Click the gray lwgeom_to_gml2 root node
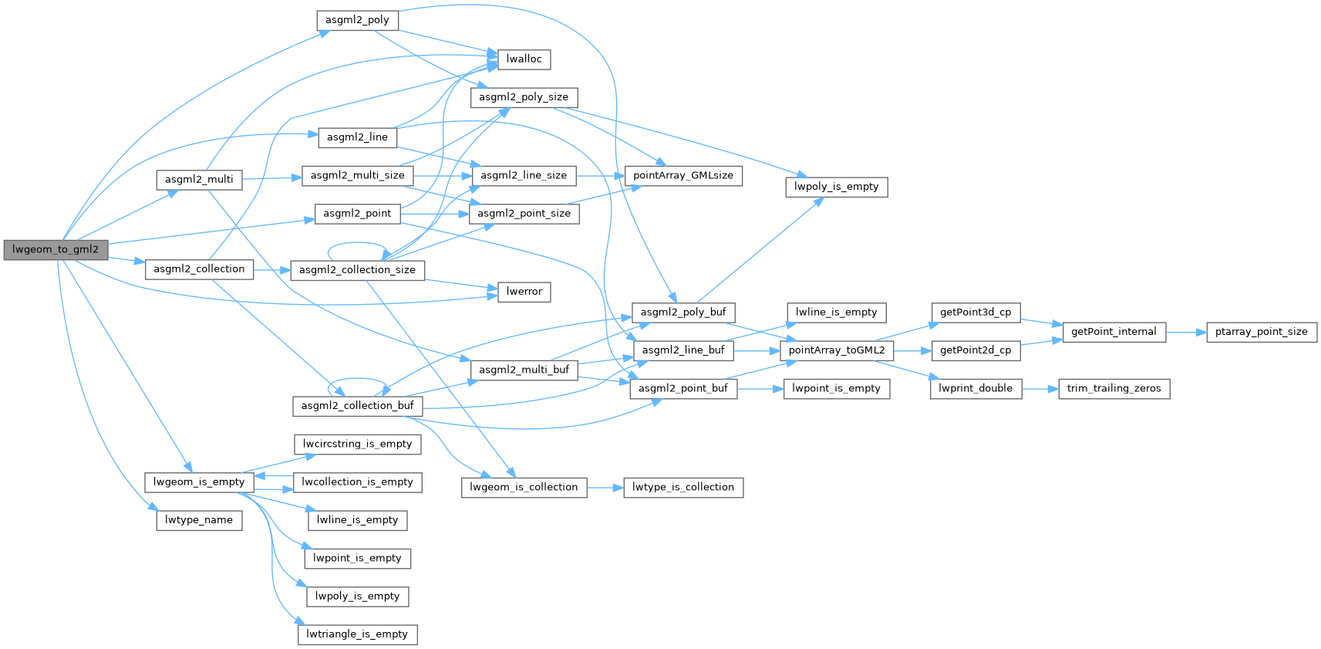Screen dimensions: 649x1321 tap(56, 249)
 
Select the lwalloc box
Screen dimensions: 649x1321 tap(524, 59)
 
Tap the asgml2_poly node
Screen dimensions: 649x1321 tap(357, 20)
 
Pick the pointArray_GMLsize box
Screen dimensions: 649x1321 tap(683, 175)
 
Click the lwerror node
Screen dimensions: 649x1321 tap(524, 292)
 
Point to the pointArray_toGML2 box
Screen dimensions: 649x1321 tap(837, 350)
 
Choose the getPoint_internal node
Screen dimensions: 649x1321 tap(1114, 332)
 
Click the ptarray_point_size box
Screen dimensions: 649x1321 tap(1261, 332)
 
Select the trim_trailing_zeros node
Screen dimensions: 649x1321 tap(1114, 388)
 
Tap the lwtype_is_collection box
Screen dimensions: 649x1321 tap(682, 487)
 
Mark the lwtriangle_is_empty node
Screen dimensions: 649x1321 tap(357, 634)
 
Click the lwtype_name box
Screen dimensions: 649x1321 tap(198, 520)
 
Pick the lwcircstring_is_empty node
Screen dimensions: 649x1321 tap(357, 444)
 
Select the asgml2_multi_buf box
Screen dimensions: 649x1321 tap(524, 370)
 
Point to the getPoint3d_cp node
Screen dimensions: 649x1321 tap(976, 313)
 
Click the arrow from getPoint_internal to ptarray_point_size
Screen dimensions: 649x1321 tap(1186, 333)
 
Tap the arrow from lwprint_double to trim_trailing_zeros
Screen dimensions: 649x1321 tap(1040, 389)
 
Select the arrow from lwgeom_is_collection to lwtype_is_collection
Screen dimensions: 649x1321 tap(605, 488)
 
